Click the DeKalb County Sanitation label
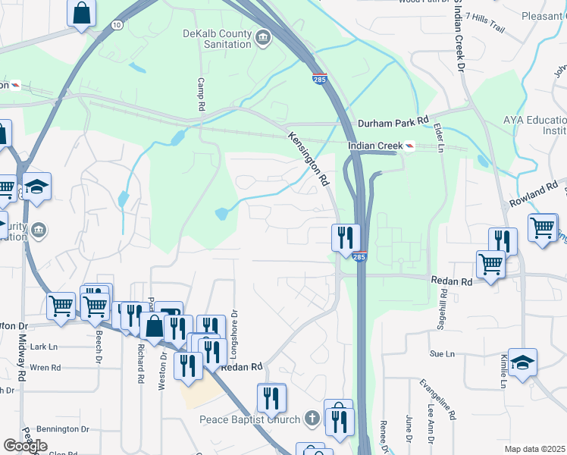(x=217, y=39)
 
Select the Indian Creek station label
(x=374, y=146)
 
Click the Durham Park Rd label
(x=393, y=121)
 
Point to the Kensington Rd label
(x=309, y=158)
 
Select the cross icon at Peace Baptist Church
(x=312, y=418)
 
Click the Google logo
(x=25, y=446)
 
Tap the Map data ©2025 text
(x=534, y=449)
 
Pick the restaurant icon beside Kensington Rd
(x=343, y=237)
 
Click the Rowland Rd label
(x=537, y=194)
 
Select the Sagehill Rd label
(x=441, y=310)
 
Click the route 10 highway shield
(x=116, y=25)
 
